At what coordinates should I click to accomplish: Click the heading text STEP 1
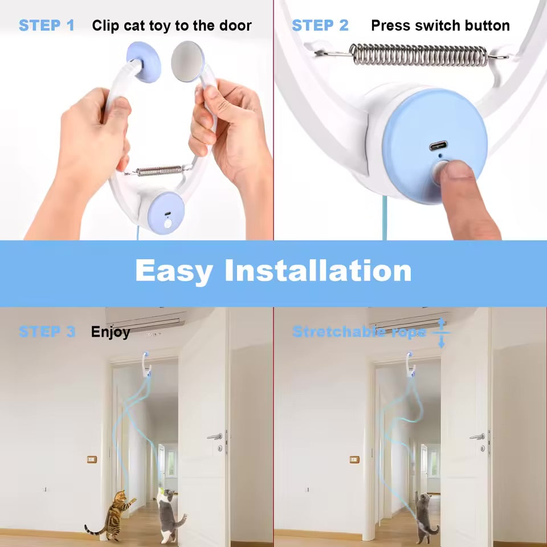[x=46, y=26]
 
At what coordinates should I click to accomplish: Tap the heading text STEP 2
[x=320, y=26]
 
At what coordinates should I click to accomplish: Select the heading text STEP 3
[x=46, y=332]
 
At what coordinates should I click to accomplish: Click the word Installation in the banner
[x=318, y=271]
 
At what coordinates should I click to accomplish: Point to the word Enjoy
[x=111, y=332]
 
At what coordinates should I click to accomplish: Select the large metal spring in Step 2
[x=418, y=55]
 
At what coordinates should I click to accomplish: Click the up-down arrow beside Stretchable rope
[x=441, y=333]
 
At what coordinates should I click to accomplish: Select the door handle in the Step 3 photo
[x=215, y=436]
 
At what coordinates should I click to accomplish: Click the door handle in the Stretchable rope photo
[x=477, y=436]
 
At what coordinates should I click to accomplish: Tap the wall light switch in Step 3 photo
[x=92, y=459]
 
